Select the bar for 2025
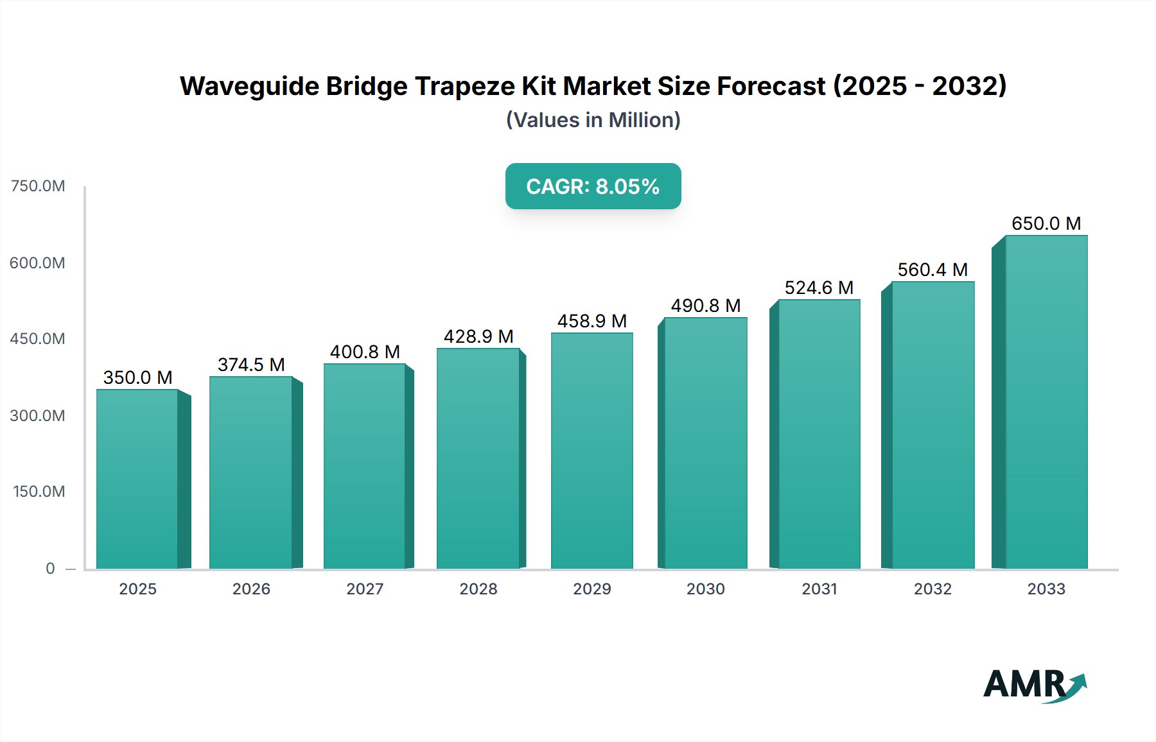137,479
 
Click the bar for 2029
591,451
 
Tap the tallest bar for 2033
1046,402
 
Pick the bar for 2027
364,466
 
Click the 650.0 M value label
1046,223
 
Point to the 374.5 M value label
251,365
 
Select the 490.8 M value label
706,306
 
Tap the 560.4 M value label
933,270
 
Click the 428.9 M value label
478,336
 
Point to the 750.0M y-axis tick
38,186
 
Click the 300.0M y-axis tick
38,416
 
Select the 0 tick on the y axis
50,569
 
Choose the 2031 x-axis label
819,589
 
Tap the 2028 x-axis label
478,589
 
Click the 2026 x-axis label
251,589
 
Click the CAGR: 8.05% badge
593,186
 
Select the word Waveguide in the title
249,86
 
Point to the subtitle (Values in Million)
593,120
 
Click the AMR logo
1034,684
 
